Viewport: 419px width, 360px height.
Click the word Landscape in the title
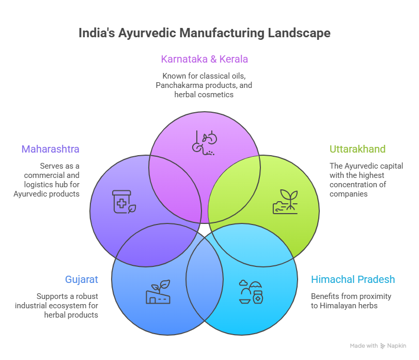point(299,33)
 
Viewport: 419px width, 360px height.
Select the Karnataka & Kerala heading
point(205,59)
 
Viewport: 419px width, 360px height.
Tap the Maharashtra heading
point(50,149)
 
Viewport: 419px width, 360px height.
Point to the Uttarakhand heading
point(358,149)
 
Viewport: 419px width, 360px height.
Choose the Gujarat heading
point(81,280)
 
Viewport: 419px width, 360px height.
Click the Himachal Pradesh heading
point(353,280)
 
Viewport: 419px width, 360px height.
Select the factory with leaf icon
point(158,292)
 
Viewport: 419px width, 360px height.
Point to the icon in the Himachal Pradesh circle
point(251,292)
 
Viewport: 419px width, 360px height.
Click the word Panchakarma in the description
point(178,84)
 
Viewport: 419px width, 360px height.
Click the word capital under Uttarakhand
point(390,166)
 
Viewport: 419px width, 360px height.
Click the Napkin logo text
point(397,346)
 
